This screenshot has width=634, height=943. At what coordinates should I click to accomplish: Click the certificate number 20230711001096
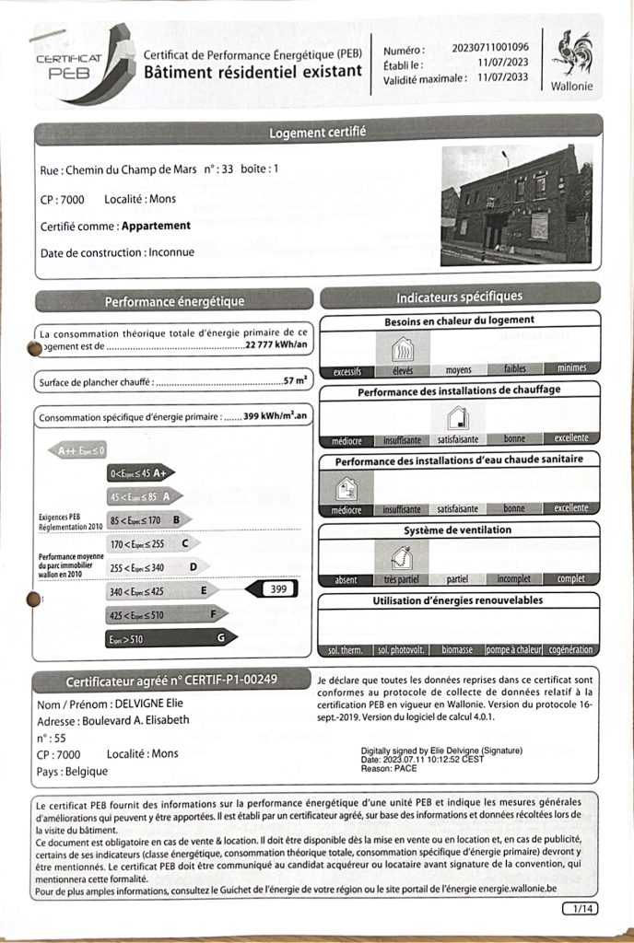click(490, 47)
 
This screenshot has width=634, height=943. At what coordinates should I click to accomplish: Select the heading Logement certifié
click(317, 133)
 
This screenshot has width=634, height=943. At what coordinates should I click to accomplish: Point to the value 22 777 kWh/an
click(277, 346)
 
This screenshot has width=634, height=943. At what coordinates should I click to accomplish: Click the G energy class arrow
click(170, 636)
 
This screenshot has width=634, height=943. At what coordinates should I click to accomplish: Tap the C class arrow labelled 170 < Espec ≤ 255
click(152, 543)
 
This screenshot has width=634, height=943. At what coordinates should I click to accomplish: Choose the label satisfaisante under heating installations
click(458, 439)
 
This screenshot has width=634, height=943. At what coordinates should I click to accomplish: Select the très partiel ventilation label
click(403, 579)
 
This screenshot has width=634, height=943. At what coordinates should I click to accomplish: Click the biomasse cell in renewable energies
click(458, 649)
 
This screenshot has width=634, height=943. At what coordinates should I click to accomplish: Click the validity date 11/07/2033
click(503, 78)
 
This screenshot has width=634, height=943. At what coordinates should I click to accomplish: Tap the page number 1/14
click(579, 909)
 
